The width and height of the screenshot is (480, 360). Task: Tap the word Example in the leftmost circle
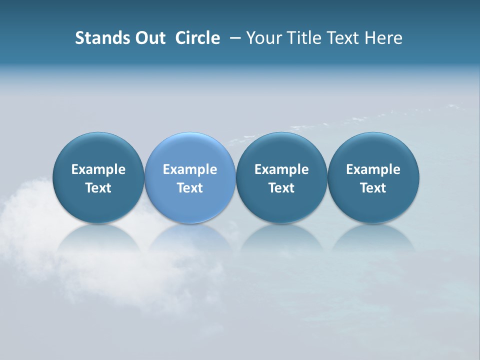coord(98,169)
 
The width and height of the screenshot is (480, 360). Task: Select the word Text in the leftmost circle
coord(98,188)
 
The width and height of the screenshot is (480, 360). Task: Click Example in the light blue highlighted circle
coord(190,169)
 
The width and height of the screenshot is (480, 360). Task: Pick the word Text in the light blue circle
coord(190,188)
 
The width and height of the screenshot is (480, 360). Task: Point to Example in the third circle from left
coord(281,169)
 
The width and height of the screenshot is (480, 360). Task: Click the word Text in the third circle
coord(281,188)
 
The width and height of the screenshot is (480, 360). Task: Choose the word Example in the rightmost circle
coord(373,169)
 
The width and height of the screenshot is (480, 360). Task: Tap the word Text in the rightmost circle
coord(373,188)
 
